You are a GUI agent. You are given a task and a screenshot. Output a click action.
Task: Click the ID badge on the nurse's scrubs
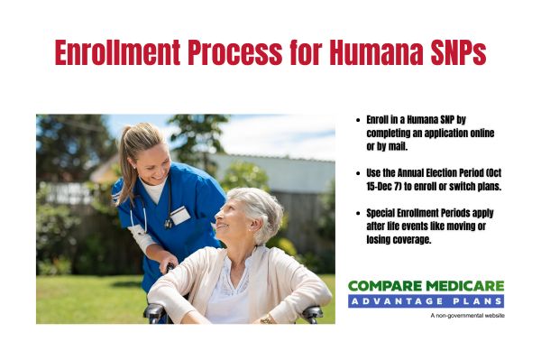pos(180,215)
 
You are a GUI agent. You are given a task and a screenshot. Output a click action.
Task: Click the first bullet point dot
pos(359,119)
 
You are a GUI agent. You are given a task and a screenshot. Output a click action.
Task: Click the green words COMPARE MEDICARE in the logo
pos(426,285)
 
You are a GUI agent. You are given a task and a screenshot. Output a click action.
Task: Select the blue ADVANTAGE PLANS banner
pos(426,300)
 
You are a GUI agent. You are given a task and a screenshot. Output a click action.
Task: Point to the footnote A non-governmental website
pos(467,316)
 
